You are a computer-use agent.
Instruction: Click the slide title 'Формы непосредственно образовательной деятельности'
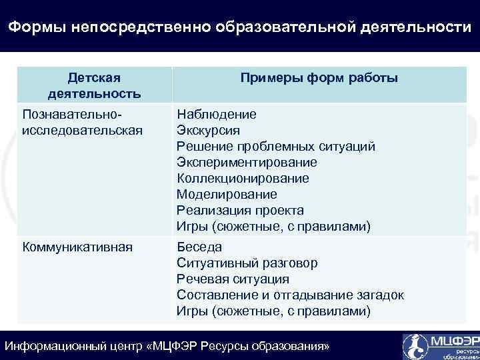239,27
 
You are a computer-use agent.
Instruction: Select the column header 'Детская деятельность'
94,85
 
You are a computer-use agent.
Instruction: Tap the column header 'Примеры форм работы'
319,78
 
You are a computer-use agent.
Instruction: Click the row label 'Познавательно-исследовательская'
83,122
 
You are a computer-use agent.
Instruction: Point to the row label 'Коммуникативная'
77,247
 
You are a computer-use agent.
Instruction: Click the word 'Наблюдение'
216,114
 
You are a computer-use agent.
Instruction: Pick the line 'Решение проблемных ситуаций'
276,146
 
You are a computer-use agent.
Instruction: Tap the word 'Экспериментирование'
247,162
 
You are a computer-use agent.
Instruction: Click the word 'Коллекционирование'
243,178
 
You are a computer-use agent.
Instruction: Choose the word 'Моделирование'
227,194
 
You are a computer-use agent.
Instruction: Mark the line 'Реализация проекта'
240,210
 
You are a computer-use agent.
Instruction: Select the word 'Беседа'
199,247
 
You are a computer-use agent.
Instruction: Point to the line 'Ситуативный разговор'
247,263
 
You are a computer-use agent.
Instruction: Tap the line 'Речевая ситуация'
233,279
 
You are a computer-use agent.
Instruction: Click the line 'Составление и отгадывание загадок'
290,295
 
